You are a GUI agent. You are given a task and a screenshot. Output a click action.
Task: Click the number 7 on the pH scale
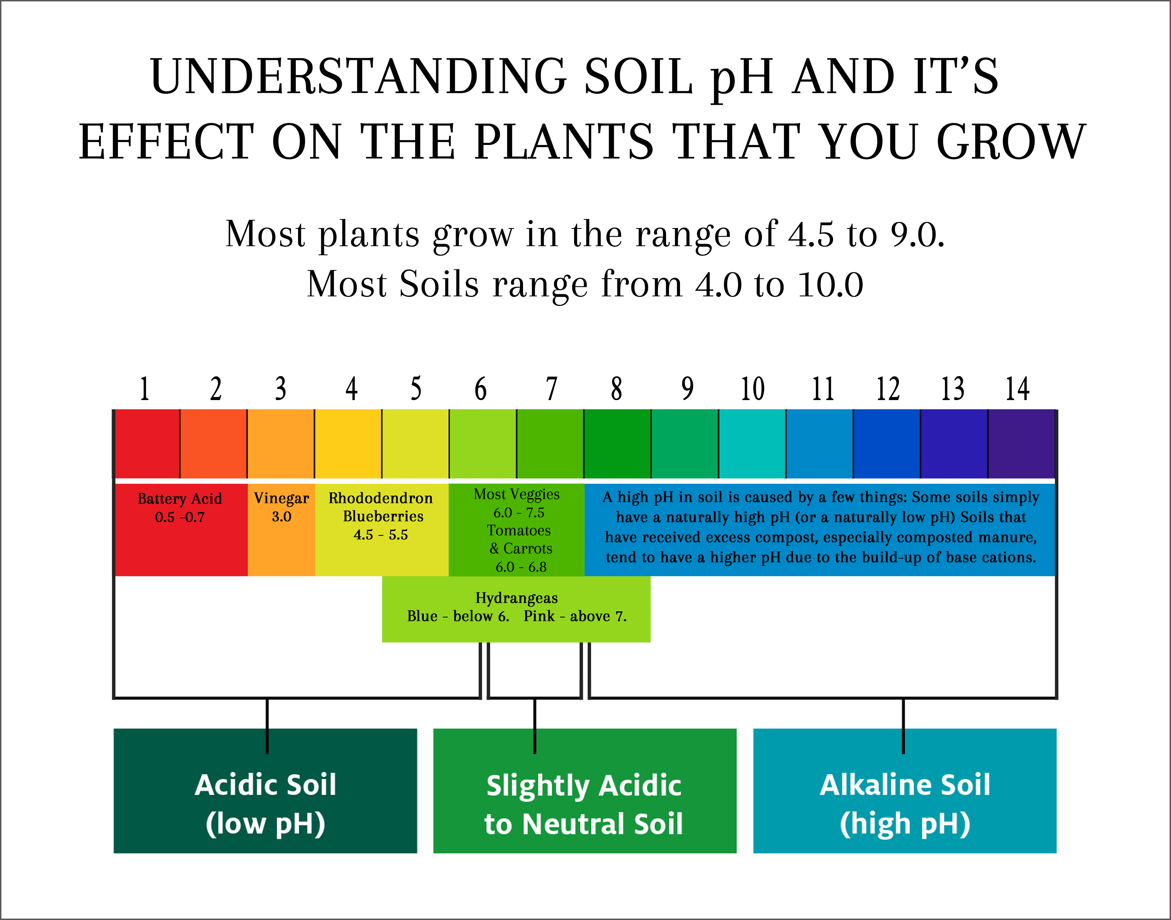pos(551,389)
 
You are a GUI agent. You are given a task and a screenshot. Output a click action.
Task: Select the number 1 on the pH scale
pos(144,389)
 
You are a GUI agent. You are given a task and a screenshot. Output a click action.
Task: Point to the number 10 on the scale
pos(753,389)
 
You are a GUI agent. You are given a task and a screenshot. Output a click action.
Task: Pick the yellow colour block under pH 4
pos(348,444)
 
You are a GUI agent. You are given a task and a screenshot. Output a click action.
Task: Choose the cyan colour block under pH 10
pos(752,444)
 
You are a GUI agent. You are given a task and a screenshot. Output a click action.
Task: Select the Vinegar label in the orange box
pos(281,499)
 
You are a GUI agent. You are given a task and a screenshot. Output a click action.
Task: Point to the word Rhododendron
pos(381,498)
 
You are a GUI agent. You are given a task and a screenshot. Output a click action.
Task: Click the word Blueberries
pos(383,517)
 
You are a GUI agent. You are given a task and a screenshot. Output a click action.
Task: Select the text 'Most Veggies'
pos(517,495)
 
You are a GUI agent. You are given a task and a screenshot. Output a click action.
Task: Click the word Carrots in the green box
pos(528,549)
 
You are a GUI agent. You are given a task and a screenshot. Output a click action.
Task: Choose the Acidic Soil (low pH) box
pos(265,791)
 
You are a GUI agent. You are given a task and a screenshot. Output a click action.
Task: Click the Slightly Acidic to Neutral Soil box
pos(584,791)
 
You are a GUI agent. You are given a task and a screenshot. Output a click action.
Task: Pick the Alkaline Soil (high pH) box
pos(904,791)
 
